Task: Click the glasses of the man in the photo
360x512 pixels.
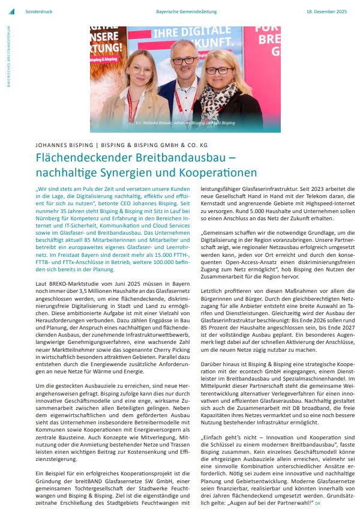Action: pyautogui.click(x=183, y=61)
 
